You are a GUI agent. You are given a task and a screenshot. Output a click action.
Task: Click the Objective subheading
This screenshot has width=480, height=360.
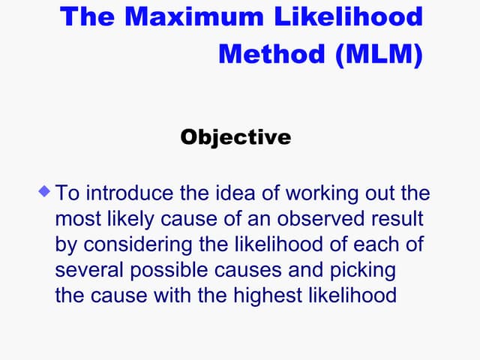[235, 137]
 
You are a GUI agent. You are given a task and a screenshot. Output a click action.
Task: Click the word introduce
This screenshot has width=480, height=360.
[127, 193]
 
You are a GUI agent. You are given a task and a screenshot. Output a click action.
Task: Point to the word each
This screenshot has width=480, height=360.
[379, 244]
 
